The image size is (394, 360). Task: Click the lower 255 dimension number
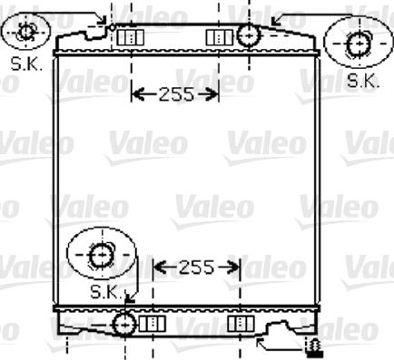[x=195, y=267]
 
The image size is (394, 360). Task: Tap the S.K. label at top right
[x=363, y=81]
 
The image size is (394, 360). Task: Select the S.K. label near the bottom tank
[x=105, y=291]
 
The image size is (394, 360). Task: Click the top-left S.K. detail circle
[x=25, y=33]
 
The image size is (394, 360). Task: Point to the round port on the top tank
[x=248, y=36]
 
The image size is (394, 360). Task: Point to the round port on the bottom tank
[x=123, y=322]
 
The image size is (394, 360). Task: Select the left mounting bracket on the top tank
[x=133, y=37]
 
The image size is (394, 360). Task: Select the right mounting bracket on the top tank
[x=219, y=37]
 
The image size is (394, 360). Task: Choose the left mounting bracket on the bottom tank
[x=153, y=323]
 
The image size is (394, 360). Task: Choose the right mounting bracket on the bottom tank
[x=239, y=323]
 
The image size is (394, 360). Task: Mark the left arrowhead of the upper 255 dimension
[x=136, y=93]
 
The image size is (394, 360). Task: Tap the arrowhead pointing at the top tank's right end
[x=276, y=18]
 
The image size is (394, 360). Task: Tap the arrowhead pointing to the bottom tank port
[x=128, y=298]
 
